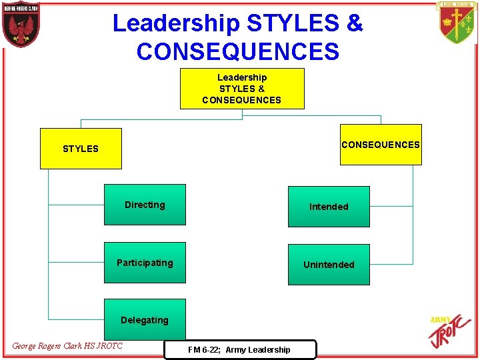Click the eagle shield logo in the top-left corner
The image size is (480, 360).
[21, 24]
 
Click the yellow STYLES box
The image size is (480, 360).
[81, 149]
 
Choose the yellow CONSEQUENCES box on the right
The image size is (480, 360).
[381, 145]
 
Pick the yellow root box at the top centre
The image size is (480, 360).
[242, 89]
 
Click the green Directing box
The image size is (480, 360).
[145, 205]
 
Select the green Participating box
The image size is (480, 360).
[145, 263]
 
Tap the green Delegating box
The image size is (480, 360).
[145, 321]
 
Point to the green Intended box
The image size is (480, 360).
[329, 207]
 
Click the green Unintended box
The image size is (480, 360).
[329, 265]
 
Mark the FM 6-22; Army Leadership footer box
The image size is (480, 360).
[239, 349]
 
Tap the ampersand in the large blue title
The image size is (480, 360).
[355, 23]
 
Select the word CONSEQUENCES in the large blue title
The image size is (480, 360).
[238, 51]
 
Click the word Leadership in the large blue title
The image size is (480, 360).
[176, 23]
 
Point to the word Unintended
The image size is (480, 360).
[329, 265]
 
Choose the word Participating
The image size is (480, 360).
[145, 263]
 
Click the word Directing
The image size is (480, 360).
[145, 205]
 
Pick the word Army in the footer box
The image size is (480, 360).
[236, 350]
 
